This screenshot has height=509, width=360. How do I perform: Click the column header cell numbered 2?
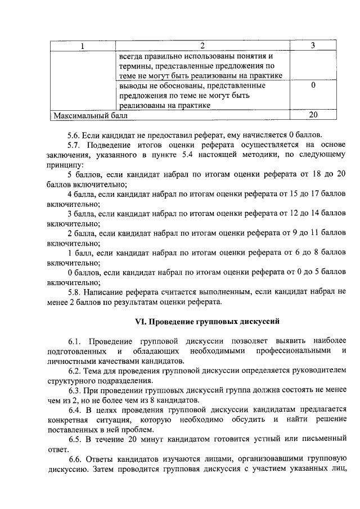[202, 46]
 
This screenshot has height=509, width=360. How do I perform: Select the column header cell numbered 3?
[313, 46]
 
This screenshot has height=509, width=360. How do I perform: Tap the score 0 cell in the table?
[313, 85]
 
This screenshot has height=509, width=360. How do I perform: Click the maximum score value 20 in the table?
[313, 115]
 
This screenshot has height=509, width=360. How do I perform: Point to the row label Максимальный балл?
[90, 115]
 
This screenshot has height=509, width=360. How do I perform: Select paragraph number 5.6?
[74, 135]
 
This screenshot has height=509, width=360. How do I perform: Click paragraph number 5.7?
[74, 145]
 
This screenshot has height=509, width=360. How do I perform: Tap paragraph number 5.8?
[74, 292]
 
